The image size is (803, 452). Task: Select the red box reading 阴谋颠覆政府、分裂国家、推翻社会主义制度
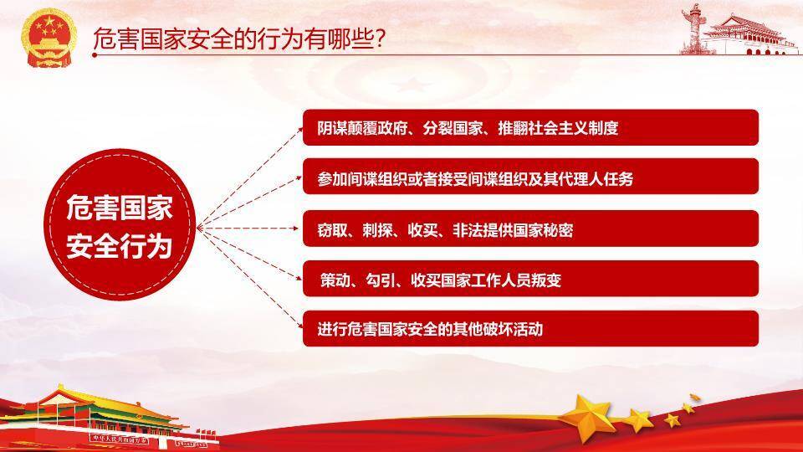pos(530,128)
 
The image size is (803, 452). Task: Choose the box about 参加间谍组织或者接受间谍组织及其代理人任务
pos(530,177)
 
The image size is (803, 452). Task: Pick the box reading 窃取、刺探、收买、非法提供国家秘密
pos(530,229)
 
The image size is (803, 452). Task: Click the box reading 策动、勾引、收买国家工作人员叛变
pos(530,279)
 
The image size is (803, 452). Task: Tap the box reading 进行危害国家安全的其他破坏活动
pos(530,329)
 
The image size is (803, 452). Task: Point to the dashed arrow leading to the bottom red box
pos(251,275)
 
